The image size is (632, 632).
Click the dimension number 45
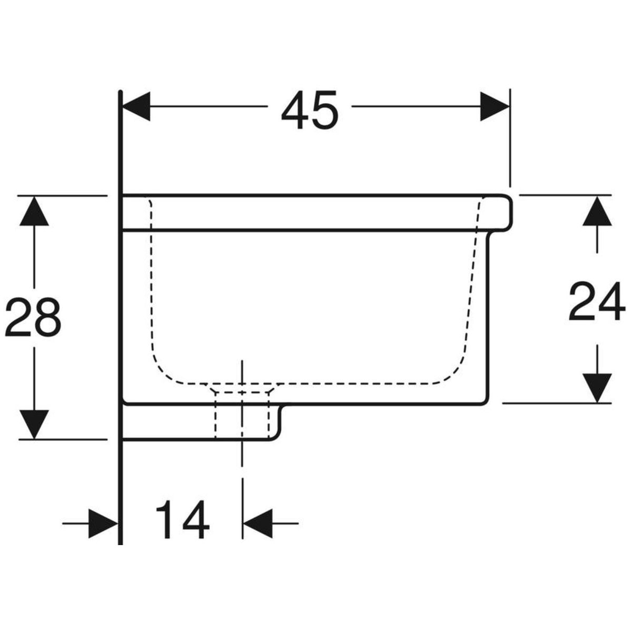click(x=310, y=109)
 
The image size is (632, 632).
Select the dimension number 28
click(x=33, y=317)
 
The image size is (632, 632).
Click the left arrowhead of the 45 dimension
click(x=136, y=106)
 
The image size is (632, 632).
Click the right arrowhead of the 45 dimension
click(x=495, y=106)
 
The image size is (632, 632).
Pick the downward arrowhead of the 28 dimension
click(x=34, y=424)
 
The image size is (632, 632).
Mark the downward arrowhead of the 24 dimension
click(x=597, y=388)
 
